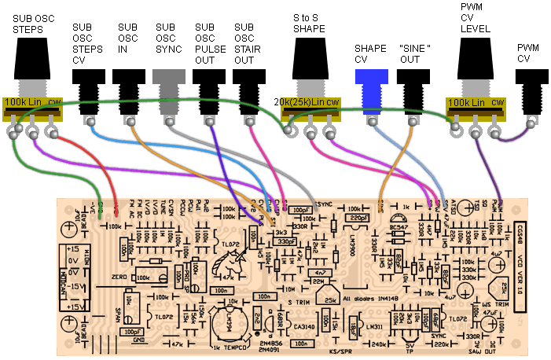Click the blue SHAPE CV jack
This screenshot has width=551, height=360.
coord(370,79)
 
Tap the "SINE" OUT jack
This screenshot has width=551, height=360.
coord(411,83)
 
